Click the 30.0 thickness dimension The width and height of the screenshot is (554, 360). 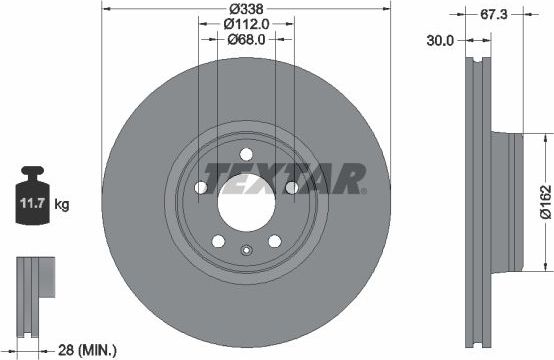click(x=440, y=41)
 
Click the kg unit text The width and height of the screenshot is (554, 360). click(x=62, y=205)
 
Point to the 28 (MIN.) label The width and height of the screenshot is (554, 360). click(x=84, y=349)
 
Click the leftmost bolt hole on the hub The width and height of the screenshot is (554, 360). click(x=200, y=190)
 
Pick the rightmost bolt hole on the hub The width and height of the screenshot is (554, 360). click(x=291, y=190)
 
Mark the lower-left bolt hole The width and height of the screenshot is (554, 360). click(x=217, y=241)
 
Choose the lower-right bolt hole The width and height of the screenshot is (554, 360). click(x=274, y=241)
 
